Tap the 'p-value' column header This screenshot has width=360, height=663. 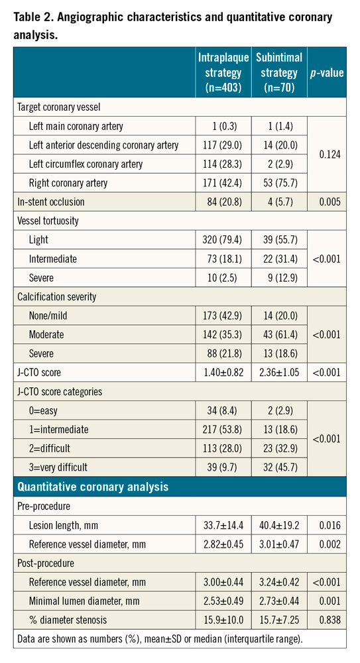(x=328, y=73)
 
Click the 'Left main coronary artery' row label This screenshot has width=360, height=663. (x=76, y=126)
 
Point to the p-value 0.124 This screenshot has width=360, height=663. (x=328, y=154)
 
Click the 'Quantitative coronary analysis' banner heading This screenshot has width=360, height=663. (x=93, y=487)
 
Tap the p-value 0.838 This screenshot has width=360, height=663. (x=328, y=619)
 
